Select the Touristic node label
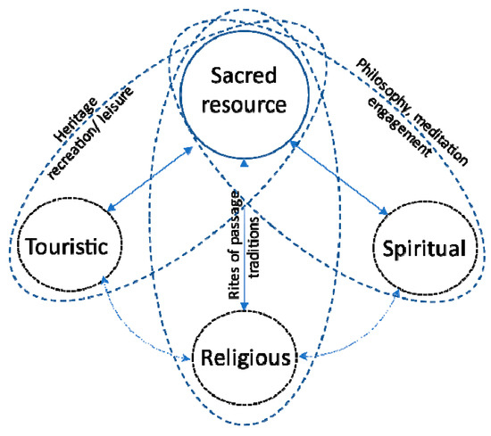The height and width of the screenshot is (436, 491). [67, 247]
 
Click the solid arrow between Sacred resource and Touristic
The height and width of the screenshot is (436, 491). [149, 181]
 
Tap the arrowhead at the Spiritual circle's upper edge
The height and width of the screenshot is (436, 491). [384, 210]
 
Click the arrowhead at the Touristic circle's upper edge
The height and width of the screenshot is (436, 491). [107, 209]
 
